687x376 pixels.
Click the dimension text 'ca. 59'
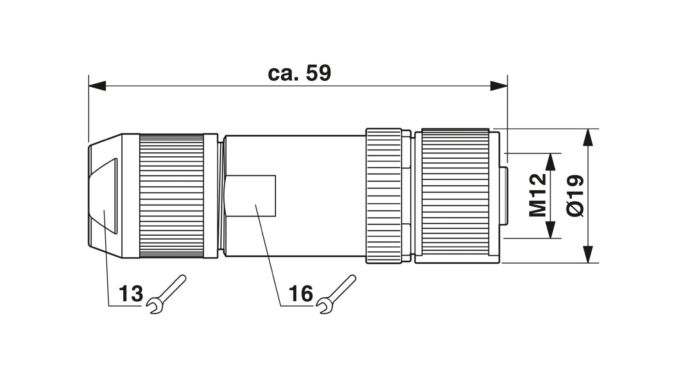300,73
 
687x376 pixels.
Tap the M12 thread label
538,195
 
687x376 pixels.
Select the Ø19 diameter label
574,196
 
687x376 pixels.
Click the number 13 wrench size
131,293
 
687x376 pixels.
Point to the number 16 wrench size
301,293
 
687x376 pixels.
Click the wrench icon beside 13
166,294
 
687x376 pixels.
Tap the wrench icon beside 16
336,294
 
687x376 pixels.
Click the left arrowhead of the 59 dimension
97,86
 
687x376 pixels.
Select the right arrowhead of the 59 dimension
499,86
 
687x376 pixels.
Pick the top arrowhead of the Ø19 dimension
588,137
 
